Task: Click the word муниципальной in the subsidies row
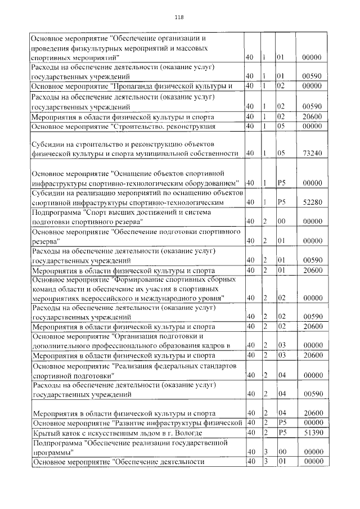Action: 170,153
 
